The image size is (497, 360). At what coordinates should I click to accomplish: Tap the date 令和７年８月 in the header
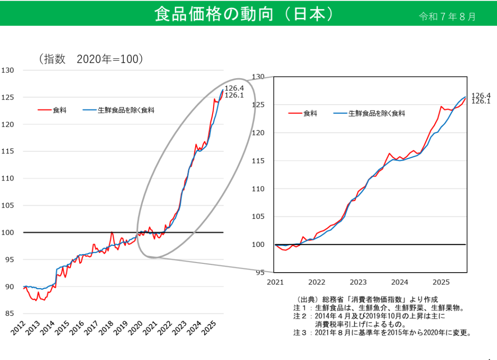click(x=447, y=16)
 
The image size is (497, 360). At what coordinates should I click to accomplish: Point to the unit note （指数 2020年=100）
click(x=91, y=59)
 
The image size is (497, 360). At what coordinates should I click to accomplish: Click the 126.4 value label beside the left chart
click(x=234, y=88)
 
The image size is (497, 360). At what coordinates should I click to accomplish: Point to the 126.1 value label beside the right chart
click(x=481, y=101)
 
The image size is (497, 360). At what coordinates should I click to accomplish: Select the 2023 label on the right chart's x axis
click(x=358, y=282)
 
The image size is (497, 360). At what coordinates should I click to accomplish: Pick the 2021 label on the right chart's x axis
click(x=275, y=282)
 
